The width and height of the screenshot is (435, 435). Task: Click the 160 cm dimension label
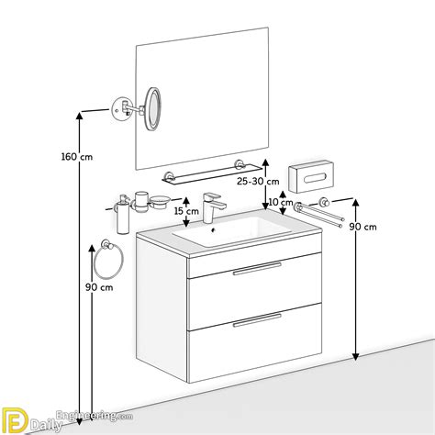77,157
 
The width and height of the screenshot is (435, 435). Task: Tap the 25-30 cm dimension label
258,182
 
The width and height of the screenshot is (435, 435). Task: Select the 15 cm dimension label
186,211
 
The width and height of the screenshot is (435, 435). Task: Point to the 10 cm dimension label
281,202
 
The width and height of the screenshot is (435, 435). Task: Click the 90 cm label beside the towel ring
99,287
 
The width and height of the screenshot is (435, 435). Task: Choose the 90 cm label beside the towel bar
363,227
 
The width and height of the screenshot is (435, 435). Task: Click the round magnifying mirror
152,109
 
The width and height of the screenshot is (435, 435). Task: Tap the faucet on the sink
213,207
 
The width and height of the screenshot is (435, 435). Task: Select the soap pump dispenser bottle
123,215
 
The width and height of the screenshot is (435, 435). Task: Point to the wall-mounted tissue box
311,176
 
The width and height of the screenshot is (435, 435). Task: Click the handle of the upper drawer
257,269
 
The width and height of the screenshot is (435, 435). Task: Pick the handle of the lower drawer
257,320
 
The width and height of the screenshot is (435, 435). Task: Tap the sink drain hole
214,229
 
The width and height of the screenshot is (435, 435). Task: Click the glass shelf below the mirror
211,174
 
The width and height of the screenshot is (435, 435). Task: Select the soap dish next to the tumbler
160,201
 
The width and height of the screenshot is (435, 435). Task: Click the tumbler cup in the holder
141,202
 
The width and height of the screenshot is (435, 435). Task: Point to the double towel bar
318,212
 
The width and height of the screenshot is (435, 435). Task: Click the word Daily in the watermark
46,425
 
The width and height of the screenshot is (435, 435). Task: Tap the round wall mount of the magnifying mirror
120,109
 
